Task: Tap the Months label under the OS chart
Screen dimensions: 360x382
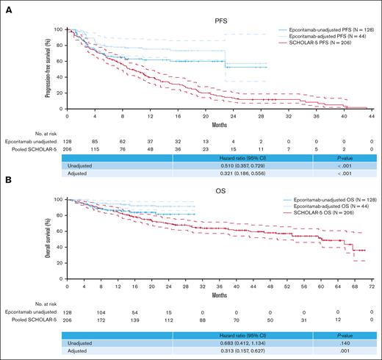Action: coord(218,289)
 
